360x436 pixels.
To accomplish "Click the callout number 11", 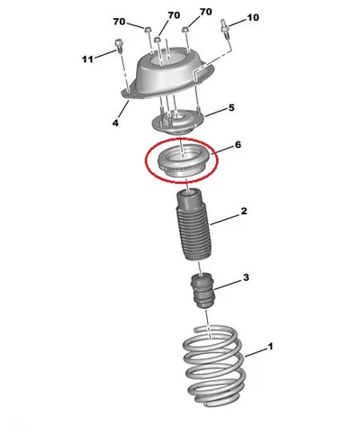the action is point(87,59).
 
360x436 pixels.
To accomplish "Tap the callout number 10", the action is point(253,18).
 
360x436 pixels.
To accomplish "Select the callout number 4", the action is point(115,123).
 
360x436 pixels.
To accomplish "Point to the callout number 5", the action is point(231,107).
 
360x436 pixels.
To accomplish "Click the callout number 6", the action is point(238,145).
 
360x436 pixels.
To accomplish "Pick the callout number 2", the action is point(244,211).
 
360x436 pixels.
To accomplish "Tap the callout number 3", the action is point(246,277).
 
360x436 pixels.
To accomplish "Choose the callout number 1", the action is point(270,347).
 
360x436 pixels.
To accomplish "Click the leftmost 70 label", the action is point(119,22).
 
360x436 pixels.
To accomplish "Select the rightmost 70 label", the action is point(206,12).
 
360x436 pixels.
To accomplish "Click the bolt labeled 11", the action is point(119,47).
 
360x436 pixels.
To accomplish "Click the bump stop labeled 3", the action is point(203,291).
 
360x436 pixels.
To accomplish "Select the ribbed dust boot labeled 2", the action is point(193,224).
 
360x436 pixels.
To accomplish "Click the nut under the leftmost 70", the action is point(148,30).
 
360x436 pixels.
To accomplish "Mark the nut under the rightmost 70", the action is point(185,29).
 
